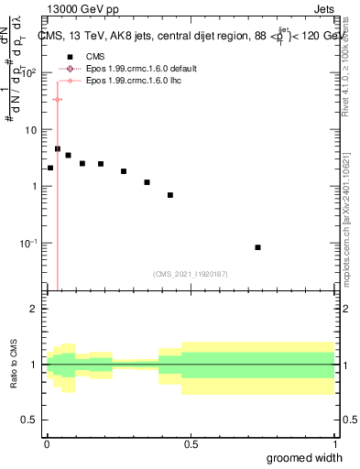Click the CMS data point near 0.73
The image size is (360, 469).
258,247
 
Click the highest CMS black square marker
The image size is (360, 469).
58,148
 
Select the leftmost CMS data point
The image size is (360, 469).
50,168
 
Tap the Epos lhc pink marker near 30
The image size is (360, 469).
58,99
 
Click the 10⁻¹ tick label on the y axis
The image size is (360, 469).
30,243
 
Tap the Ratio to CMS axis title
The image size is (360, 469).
14,365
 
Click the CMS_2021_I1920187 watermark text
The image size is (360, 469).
191,274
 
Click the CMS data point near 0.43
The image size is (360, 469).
170,195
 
